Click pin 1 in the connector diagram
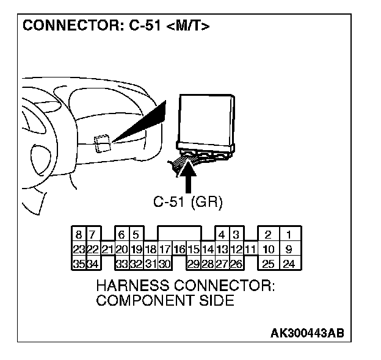coord(289,234)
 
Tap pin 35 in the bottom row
coord(79,264)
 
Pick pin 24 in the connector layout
coord(289,264)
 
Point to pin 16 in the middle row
coord(179,249)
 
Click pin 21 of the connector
coord(107,249)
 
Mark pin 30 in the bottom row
coord(164,264)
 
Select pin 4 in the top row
coord(221,234)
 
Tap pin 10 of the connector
coord(268,249)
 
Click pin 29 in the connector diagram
coord(193,264)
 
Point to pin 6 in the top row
coord(122,234)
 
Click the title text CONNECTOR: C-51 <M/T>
coord(116,27)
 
